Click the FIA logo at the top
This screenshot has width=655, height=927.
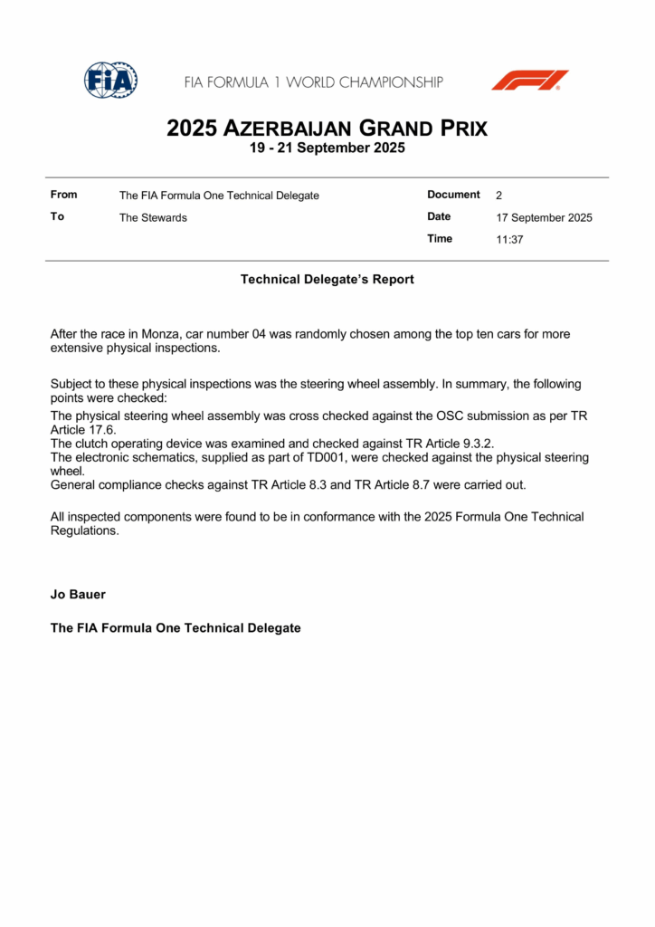110,81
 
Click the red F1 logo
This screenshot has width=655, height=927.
529,80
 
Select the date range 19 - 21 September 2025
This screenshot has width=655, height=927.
327,148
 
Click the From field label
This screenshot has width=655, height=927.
64,195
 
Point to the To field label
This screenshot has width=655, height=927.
57,216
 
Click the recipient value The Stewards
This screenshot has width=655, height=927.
153,217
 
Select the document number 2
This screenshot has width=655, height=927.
499,196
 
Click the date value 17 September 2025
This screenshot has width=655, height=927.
544,217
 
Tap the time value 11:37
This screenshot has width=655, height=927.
509,240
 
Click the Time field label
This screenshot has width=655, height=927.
440,239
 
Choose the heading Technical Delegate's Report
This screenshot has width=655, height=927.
327,280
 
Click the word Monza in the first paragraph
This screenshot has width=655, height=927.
161,334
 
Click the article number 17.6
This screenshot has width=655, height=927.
105,430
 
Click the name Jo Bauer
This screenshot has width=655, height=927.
77,595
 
